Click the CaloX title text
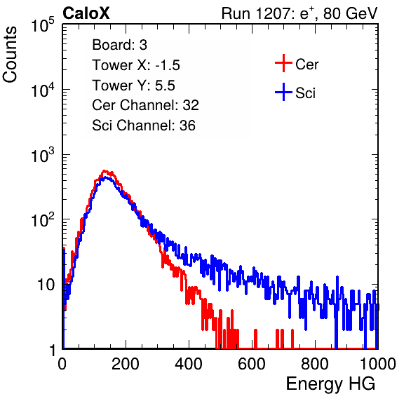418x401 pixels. pyautogui.click(x=86, y=13)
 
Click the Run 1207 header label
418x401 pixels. pyautogui.click(x=299, y=14)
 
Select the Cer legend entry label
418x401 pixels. pyautogui.click(x=306, y=64)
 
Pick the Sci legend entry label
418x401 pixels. pyautogui.click(x=305, y=93)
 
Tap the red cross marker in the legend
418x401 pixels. pyautogui.click(x=283, y=63)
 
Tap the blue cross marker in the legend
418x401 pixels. pyautogui.click(x=283, y=92)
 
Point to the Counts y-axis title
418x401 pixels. pyautogui.click(x=10, y=55)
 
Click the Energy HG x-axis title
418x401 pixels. pyautogui.click(x=330, y=384)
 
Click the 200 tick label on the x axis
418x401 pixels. pyautogui.click(x=126, y=364)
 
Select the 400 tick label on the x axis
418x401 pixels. pyautogui.click(x=189, y=364)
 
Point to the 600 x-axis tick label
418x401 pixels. pyautogui.click(x=252, y=364)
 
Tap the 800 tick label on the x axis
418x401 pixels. pyautogui.click(x=315, y=364)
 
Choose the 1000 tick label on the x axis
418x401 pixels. pyautogui.click(x=378, y=364)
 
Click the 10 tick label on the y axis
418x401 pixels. pyautogui.click(x=46, y=285)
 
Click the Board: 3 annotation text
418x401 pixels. pyautogui.click(x=119, y=45)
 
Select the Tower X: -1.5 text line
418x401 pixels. pyautogui.click(x=136, y=65)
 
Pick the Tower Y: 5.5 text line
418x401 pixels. pyautogui.click(x=133, y=86)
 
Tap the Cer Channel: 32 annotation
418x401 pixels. pyautogui.click(x=146, y=105)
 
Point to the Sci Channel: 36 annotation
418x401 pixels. pyautogui.click(x=144, y=125)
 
